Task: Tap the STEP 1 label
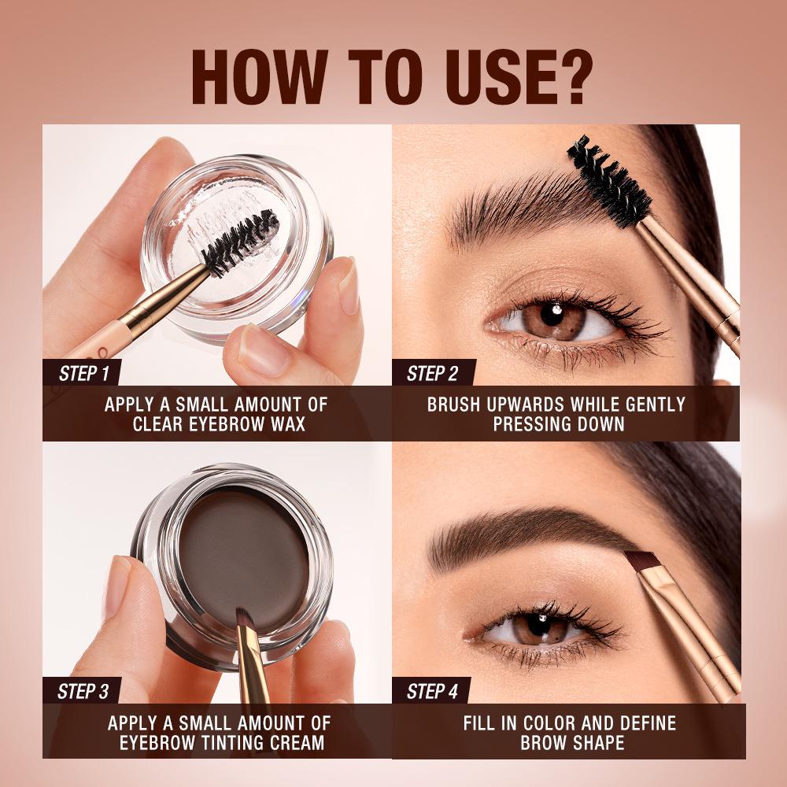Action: (x=83, y=373)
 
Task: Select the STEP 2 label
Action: (x=432, y=373)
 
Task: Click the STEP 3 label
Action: (x=83, y=692)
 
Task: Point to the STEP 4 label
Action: (x=432, y=692)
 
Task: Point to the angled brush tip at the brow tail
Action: (x=641, y=560)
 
